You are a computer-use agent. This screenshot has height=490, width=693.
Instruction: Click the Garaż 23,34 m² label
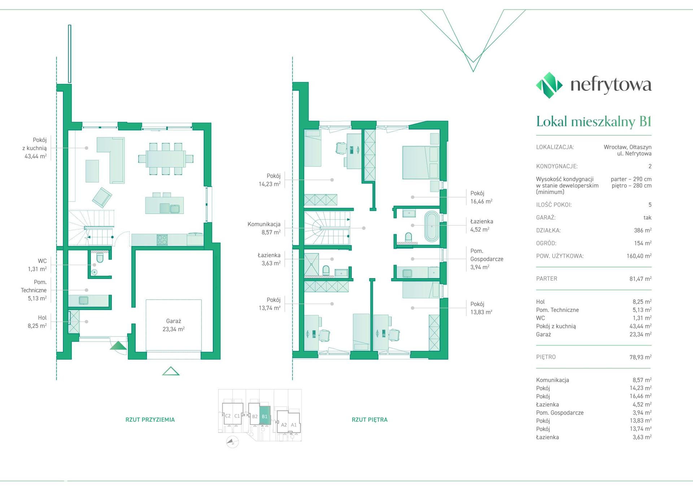click(174, 325)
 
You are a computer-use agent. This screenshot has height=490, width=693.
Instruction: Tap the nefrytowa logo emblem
click(549, 85)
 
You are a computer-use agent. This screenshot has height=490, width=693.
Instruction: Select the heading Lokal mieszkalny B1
click(594, 121)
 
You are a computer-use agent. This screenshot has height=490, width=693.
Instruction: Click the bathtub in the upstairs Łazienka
click(432, 226)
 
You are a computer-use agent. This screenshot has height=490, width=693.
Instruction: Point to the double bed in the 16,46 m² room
click(420, 162)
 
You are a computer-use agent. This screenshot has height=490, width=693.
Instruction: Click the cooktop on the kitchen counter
click(162, 240)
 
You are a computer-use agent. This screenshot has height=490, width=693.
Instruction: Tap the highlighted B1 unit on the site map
click(265, 415)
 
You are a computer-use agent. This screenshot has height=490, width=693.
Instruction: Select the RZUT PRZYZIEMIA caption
click(150, 420)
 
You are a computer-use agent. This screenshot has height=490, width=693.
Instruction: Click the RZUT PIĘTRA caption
click(370, 420)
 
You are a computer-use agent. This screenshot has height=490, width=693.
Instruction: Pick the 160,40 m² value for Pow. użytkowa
click(639, 256)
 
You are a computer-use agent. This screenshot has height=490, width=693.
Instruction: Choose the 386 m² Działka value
click(643, 230)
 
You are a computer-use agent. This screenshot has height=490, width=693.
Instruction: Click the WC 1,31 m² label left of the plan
click(38, 265)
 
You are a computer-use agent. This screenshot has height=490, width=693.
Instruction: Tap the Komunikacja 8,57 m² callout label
click(264, 228)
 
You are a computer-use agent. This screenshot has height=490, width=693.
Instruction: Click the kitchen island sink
click(175, 209)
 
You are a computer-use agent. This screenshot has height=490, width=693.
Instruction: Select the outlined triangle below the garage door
click(171, 371)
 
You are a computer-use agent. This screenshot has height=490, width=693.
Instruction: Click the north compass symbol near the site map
click(232, 442)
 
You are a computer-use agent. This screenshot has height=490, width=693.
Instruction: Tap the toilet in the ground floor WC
click(100, 257)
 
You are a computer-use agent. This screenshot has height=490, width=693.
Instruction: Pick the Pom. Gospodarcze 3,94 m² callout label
click(487, 259)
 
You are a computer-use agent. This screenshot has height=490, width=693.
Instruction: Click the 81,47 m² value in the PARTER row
click(640, 279)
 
